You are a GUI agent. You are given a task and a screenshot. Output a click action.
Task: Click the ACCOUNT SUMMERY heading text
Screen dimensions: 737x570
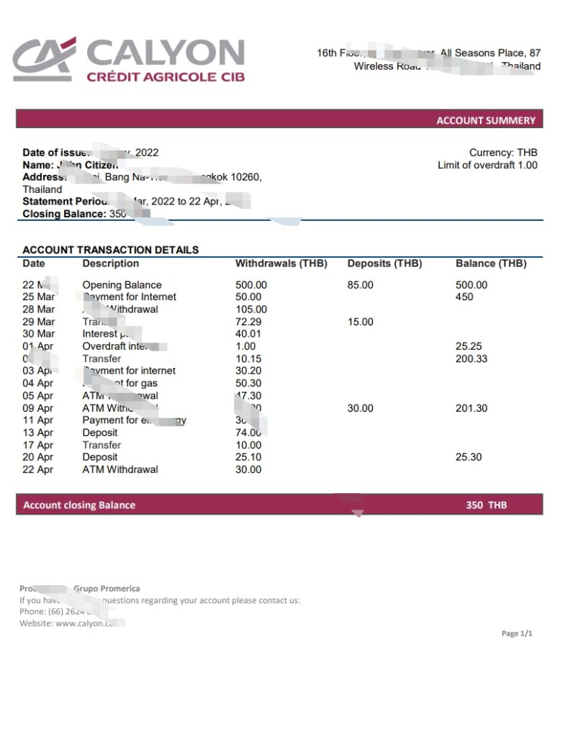(486, 120)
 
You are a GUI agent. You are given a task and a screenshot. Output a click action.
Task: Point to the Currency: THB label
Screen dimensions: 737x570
(503, 153)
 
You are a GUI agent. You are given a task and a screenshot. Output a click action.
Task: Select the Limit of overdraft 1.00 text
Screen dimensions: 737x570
(487, 166)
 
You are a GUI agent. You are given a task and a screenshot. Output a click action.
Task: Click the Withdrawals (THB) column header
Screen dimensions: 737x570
(281, 263)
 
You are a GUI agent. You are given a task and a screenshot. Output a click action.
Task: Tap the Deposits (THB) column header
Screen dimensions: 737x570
(384, 263)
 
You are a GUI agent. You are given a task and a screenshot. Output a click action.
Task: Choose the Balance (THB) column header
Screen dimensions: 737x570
(491, 263)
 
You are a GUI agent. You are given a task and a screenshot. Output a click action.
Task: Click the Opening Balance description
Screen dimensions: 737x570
(122, 285)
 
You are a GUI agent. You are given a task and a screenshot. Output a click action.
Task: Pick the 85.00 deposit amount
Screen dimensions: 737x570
(360, 285)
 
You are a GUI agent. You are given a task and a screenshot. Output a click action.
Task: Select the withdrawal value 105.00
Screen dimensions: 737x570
(250, 309)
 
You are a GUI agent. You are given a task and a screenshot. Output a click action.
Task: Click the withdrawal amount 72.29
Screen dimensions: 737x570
(248, 322)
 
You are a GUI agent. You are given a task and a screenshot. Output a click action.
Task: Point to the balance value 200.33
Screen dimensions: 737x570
(471, 358)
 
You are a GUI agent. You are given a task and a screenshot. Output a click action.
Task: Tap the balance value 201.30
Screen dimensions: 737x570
(471, 408)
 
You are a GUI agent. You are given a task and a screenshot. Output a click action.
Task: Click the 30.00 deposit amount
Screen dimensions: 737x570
(360, 408)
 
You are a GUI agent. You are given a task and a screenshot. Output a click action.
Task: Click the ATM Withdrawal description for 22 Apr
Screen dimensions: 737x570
(119, 469)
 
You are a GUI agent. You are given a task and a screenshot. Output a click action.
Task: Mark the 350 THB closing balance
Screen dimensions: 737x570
(486, 505)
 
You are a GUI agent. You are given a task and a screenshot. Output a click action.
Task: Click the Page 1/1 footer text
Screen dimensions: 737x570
(517, 633)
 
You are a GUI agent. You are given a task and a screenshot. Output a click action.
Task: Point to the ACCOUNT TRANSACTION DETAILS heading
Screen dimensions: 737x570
(110, 250)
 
